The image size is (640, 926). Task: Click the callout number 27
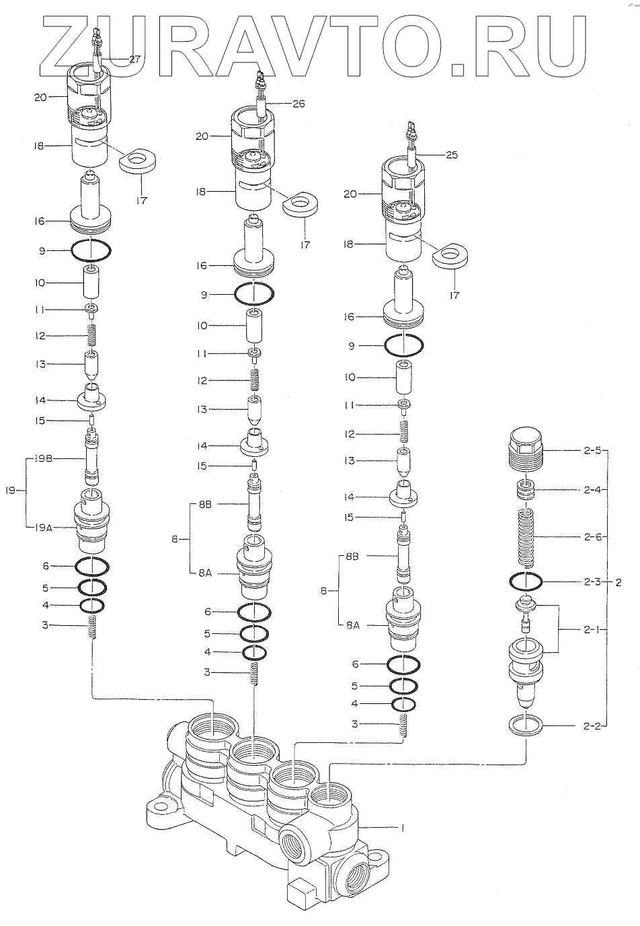pyautogui.click(x=134, y=59)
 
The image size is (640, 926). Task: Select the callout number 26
pyautogui.click(x=298, y=104)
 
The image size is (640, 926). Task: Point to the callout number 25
pyautogui.click(x=451, y=155)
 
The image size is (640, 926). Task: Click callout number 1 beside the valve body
pyautogui.click(x=401, y=829)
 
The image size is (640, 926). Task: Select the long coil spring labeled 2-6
pyautogui.click(x=527, y=538)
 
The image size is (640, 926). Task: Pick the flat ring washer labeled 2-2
pyautogui.click(x=526, y=726)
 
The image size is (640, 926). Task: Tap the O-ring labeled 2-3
pyautogui.click(x=526, y=581)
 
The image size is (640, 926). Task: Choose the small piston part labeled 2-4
pyautogui.click(x=525, y=489)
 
